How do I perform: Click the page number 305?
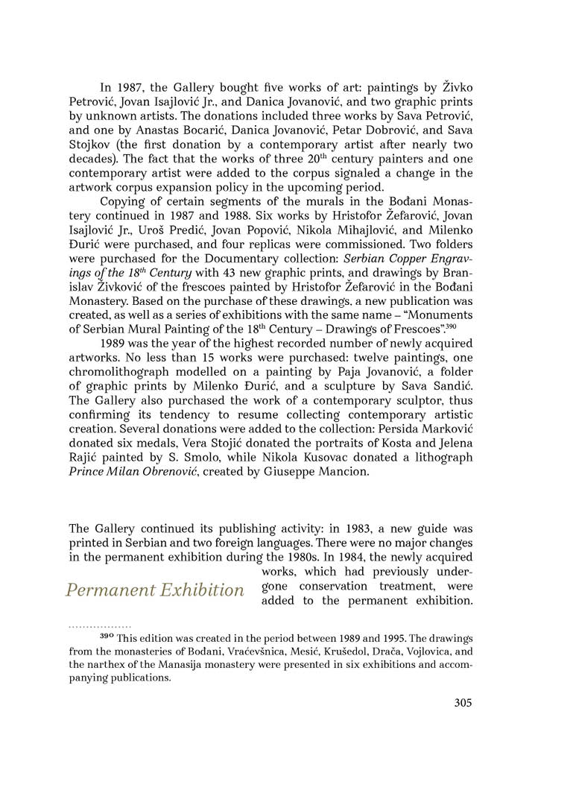463,702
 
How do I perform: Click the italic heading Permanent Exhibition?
154,590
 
